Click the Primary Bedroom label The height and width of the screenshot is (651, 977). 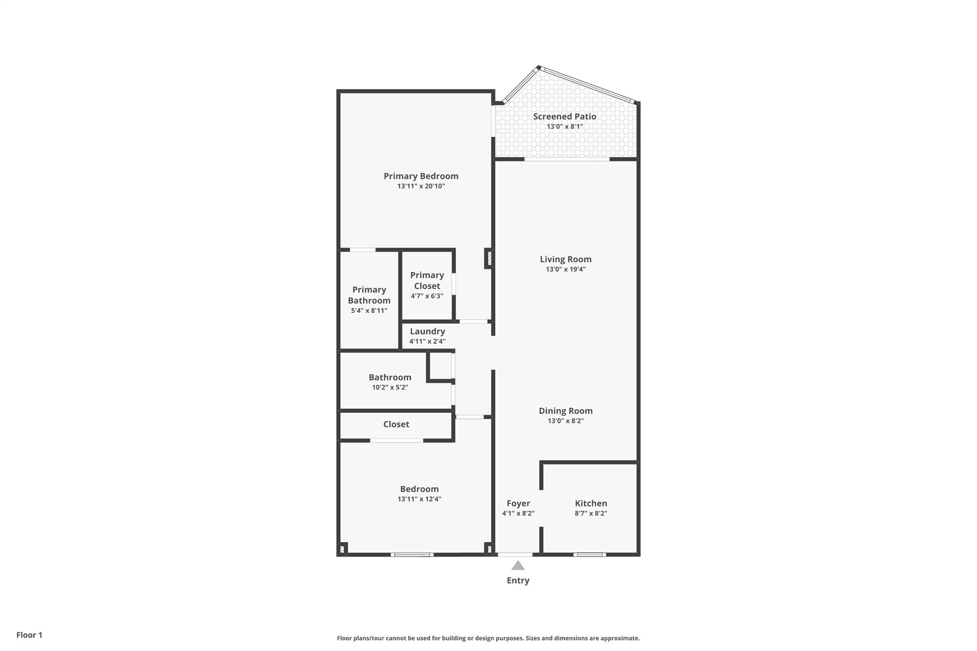(421, 176)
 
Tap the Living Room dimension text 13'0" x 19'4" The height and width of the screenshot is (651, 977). (566, 269)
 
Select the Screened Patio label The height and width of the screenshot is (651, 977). (564, 116)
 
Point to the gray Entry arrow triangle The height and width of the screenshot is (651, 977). (518, 565)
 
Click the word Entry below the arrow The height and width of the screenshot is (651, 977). (518, 580)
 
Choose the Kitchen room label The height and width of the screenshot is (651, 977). (591, 503)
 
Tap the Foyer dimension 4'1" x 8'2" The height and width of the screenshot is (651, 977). (518, 514)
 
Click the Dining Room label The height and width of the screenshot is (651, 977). (566, 411)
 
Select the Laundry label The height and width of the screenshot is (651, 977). (427, 331)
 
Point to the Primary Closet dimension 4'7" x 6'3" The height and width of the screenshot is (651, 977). (427, 296)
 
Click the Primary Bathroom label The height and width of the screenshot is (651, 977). (369, 295)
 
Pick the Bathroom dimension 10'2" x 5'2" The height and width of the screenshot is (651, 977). (390, 388)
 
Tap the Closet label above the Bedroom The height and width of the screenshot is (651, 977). (396, 424)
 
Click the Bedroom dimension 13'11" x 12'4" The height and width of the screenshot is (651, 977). (419, 499)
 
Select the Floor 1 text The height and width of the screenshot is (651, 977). (30, 635)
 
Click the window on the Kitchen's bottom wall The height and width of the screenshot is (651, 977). (590, 555)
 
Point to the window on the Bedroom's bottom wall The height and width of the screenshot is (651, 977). (412, 555)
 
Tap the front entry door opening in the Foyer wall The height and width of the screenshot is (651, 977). (515, 555)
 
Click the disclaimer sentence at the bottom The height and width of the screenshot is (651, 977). (488, 638)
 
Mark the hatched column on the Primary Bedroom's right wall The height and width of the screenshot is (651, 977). (489, 258)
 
